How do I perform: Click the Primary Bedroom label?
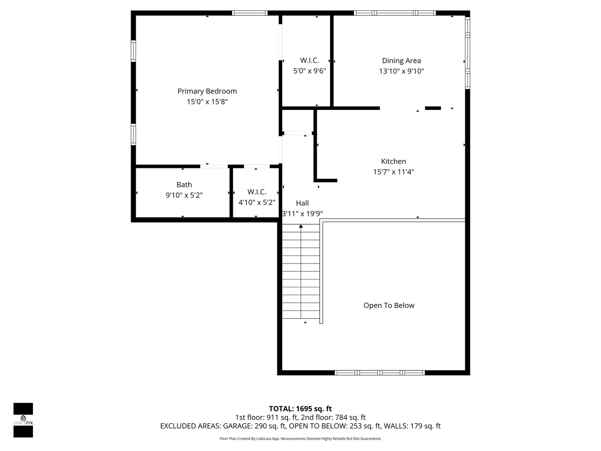click(x=207, y=91)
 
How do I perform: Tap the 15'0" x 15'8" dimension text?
click(x=207, y=101)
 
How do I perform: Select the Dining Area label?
click(x=401, y=61)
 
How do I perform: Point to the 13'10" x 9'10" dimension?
click(x=401, y=71)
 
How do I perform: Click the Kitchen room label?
click(x=393, y=161)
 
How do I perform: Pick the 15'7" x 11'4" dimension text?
click(x=393, y=172)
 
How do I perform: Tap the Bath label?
click(x=184, y=185)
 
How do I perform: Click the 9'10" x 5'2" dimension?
click(x=184, y=195)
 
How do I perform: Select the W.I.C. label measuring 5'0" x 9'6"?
click(x=309, y=60)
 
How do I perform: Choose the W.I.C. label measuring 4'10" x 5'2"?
click(x=257, y=192)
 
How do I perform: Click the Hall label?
click(x=302, y=203)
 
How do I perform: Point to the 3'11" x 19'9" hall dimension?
click(x=302, y=213)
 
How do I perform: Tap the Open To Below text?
click(x=389, y=305)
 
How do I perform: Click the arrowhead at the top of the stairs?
click(x=300, y=226)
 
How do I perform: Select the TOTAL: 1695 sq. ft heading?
click(x=300, y=408)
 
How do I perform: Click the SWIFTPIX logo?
click(x=23, y=420)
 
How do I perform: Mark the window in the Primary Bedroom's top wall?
click(x=250, y=13)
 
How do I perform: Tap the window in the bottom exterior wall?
click(x=379, y=372)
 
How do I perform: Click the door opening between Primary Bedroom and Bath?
click(x=214, y=166)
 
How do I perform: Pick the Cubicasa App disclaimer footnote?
click(x=300, y=438)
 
